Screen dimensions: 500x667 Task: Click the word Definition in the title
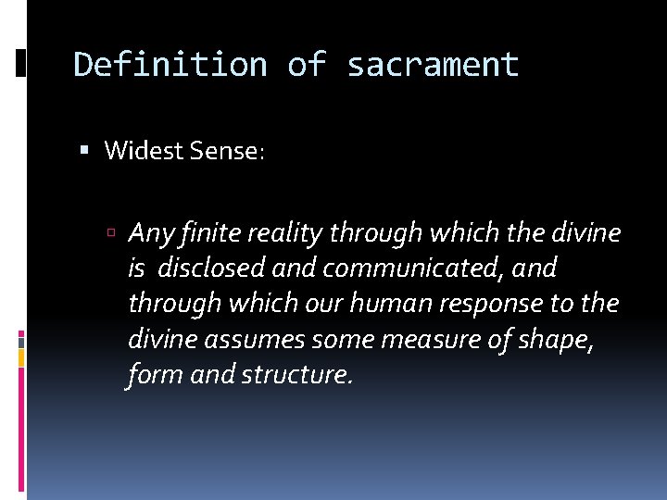pyautogui.click(x=170, y=65)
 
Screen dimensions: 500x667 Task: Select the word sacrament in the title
pyautogui.click(x=433, y=65)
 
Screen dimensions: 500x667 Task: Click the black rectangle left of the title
pyautogui.click(x=20, y=64)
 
